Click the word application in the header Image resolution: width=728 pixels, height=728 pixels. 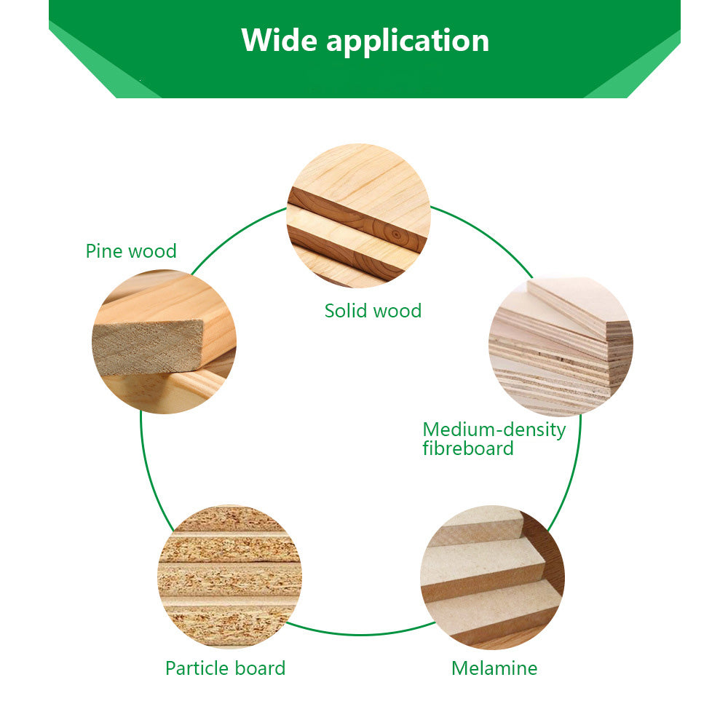tap(408, 41)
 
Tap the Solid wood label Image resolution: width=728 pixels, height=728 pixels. tap(373, 311)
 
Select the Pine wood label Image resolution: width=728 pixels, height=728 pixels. tap(131, 251)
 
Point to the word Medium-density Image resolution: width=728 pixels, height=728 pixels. tap(494, 430)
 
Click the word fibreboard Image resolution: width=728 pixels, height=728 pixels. tap(468, 448)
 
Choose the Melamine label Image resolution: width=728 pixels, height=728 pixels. tap(494, 668)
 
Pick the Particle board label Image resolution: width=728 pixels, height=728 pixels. tap(225, 668)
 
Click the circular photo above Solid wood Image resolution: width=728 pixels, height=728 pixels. tap(358, 215)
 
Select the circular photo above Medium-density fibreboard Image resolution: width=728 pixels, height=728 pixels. tap(561, 347)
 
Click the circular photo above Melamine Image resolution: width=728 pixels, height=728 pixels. tap(492, 577)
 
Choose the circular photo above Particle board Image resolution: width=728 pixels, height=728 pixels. tap(229, 577)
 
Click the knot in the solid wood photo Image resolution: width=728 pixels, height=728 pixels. tap(394, 234)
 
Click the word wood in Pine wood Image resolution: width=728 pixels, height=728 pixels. tap(153, 251)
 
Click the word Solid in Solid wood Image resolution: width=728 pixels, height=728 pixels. tap(346, 311)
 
